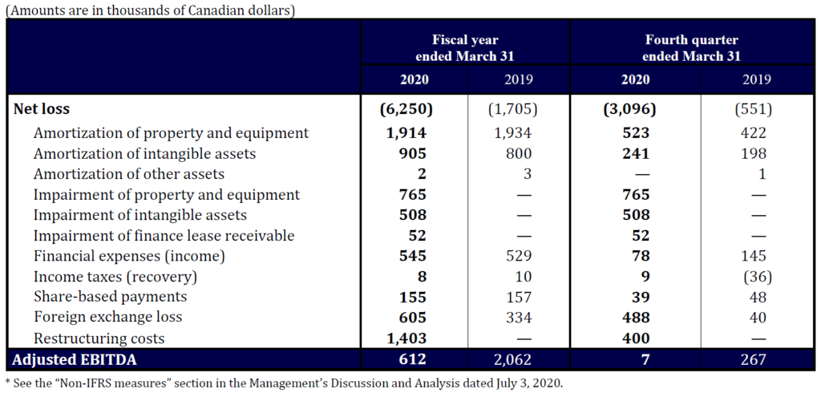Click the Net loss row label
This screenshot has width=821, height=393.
pos(47,109)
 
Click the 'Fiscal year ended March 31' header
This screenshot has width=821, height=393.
pos(465,48)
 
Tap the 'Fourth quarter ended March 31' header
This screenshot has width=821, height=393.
pos(691,48)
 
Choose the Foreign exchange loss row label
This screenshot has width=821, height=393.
pos(107,317)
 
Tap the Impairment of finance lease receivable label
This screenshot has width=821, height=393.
pos(164,236)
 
